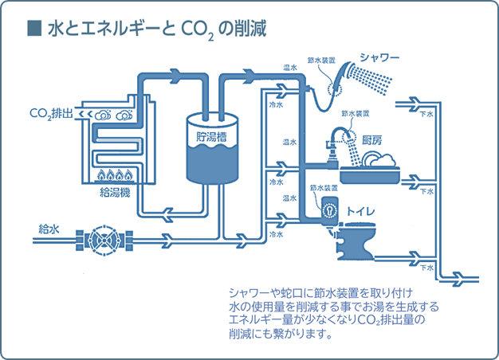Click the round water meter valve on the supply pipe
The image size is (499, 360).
pos(101,239)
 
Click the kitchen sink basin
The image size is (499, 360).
pos(371,169)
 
